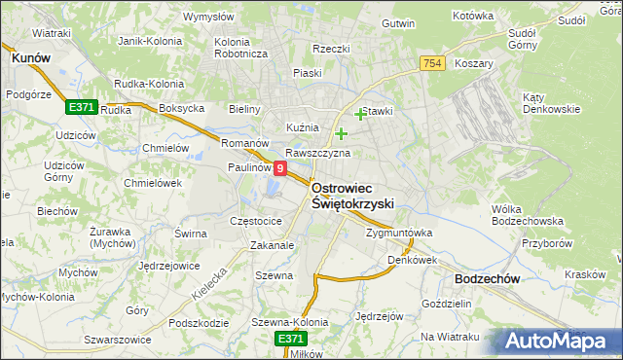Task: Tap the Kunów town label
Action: tap(30, 58)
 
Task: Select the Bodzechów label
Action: tap(486, 278)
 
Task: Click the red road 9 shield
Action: tap(280, 168)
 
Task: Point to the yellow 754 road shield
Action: tap(433, 63)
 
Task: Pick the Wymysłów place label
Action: tap(209, 17)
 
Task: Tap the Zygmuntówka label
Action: tap(398, 234)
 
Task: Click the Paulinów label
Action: tap(249, 167)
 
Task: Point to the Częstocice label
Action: tap(255, 221)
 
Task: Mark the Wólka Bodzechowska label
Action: tap(522, 215)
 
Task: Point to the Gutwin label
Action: tap(398, 22)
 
